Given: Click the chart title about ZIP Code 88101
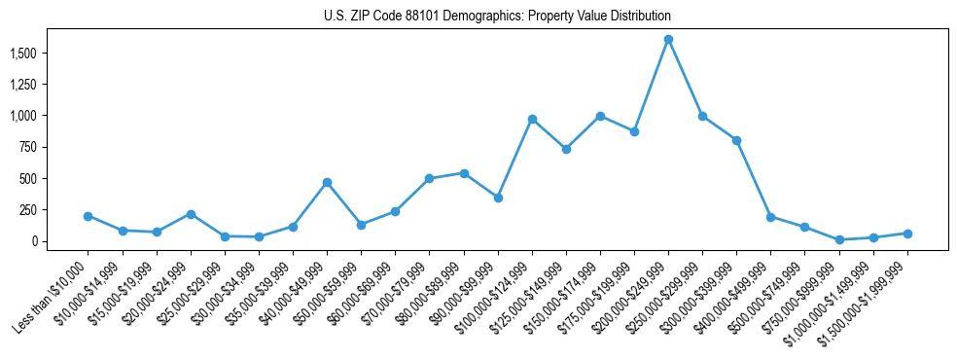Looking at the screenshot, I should (x=497, y=17).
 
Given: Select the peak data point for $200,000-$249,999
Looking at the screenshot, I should (x=668, y=40).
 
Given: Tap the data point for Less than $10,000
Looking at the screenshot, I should (x=89, y=216).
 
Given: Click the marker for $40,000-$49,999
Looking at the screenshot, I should (x=327, y=182).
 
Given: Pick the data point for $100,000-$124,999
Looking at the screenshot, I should (x=532, y=119).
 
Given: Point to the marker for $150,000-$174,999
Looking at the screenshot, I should (x=600, y=116).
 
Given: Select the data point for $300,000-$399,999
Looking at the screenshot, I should (x=736, y=140).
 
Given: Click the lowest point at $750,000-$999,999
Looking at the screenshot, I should (x=839, y=239).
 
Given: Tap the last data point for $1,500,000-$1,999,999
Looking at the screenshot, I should (x=907, y=234).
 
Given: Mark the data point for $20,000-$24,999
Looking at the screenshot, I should (x=191, y=214).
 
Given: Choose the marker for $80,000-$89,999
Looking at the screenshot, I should (x=464, y=173).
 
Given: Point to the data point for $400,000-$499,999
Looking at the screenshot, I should (x=770, y=217).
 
